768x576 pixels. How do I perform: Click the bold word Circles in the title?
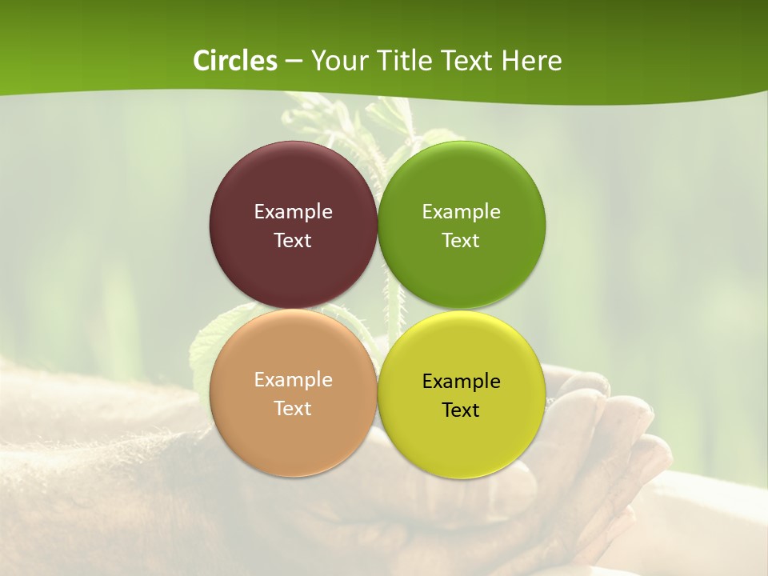[x=235, y=61]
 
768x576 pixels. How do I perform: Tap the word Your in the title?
[x=338, y=61]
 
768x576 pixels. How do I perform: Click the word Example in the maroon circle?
[x=293, y=211]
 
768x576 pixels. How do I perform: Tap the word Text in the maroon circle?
[x=293, y=240]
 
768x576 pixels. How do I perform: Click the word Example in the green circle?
[x=461, y=211]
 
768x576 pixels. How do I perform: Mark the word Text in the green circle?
[x=461, y=240]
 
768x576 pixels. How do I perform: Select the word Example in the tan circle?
[x=293, y=379]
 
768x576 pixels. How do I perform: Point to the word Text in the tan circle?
[x=293, y=408]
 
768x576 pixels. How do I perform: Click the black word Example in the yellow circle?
[x=461, y=381]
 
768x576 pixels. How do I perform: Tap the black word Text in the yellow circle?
[x=461, y=410]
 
